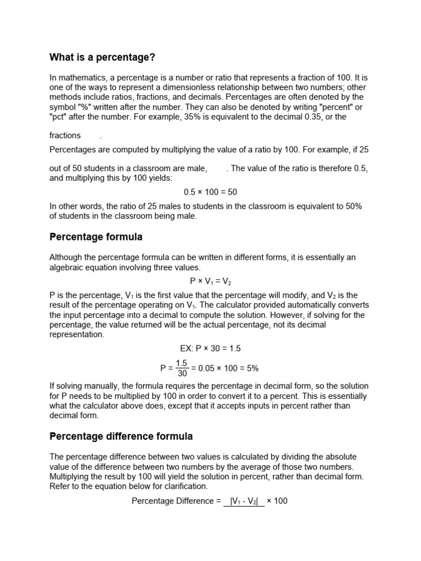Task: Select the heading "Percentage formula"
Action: (x=96, y=237)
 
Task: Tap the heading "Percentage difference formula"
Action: (x=121, y=437)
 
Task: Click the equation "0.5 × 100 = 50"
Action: (x=210, y=192)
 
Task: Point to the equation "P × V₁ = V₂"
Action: (x=210, y=281)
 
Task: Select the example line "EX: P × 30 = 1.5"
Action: (x=210, y=348)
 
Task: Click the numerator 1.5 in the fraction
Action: (x=182, y=363)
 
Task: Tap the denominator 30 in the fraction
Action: (x=182, y=374)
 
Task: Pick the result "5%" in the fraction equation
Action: (x=252, y=369)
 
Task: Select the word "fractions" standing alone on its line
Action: (x=65, y=135)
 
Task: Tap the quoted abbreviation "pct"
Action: (x=59, y=117)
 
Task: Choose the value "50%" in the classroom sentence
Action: (x=351, y=206)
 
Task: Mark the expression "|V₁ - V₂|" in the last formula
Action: (x=244, y=501)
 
